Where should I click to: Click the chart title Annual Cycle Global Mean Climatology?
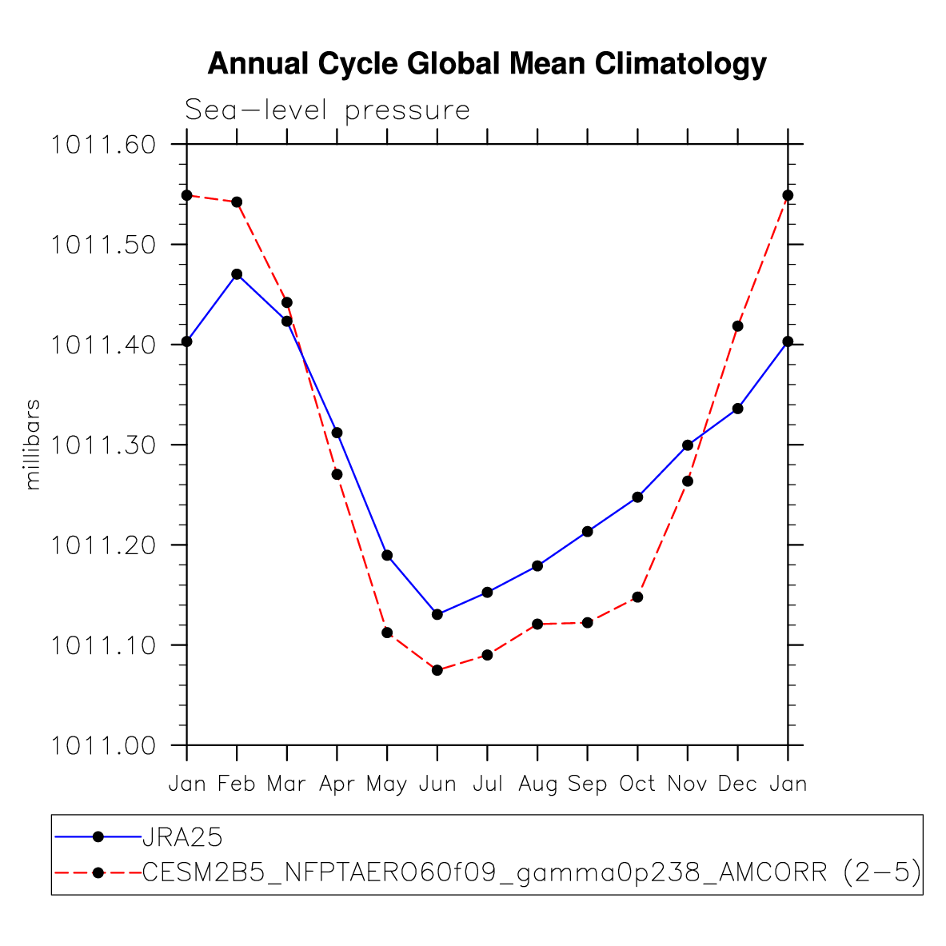tap(487, 64)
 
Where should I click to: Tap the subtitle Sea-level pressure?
tap(327, 110)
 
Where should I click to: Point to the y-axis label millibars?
tap(33, 445)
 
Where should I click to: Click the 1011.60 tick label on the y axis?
tap(104, 145)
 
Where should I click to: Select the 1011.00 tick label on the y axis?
tap(104, 745)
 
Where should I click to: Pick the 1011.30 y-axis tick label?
tap(104, 445)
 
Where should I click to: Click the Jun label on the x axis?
tap(437, 784)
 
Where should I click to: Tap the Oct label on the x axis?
tap(637, 784)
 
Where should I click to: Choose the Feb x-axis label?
tap(237, 784)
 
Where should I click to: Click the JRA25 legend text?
tap(182, 837)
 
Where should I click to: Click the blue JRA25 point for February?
tap(237, 274)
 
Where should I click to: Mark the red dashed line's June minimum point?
tap(437, 670)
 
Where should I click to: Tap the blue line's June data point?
tap(437, 614)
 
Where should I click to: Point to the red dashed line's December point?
tap(738, 326)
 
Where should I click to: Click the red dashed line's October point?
tap(637, 597)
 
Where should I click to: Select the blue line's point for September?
tap(588, 531)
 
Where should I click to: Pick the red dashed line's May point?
tap(387, 633)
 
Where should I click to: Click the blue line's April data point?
tap(337, 433)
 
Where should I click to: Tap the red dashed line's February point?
tap(237, 202)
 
